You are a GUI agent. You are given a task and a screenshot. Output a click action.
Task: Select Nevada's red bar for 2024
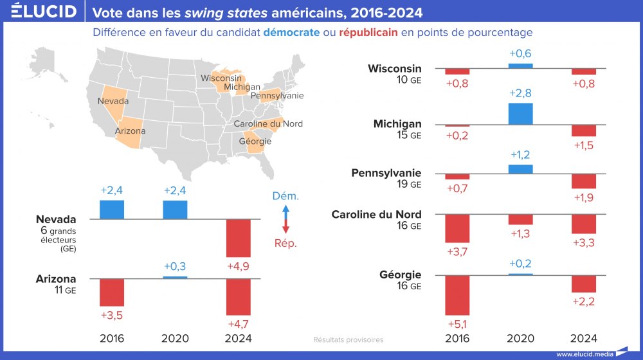[239, 238]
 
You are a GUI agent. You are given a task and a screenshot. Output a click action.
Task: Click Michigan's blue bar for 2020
[520, 114]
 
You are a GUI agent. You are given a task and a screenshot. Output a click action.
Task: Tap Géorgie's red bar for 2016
[458, 295]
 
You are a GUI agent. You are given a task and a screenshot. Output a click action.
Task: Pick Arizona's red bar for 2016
[112, 292]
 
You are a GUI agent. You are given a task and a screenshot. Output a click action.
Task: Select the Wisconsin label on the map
[221, 78]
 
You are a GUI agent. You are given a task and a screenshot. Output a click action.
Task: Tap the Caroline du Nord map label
[268, 123]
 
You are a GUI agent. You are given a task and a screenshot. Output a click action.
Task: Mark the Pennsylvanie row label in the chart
[386, 173]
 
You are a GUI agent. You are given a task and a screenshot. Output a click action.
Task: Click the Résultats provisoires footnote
[348, 339]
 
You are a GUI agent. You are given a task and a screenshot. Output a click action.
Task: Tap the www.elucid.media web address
[583, 354]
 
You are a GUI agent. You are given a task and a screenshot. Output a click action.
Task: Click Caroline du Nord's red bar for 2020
[520, 219]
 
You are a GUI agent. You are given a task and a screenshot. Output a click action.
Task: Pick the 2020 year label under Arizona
[176, 338]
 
